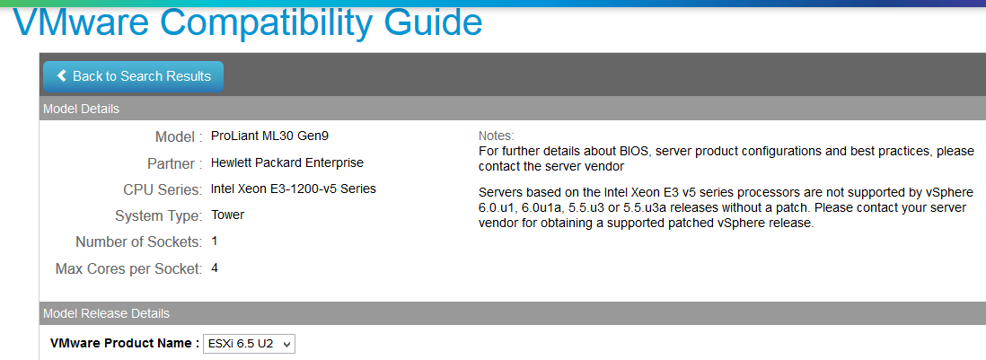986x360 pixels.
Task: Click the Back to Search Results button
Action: point(133,76)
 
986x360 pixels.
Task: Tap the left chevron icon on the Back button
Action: point(62,76)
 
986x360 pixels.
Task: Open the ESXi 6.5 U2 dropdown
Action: point(249,344)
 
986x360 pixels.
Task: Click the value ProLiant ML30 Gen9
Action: point(269,136)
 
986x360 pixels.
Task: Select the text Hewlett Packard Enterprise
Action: point(287,162)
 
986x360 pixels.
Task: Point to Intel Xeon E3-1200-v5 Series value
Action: point(294,189)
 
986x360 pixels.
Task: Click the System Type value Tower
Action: point(227,215)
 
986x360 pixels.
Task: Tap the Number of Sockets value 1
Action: point(215,241)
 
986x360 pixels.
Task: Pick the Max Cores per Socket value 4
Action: point(215,268)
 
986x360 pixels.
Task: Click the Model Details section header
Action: point(81,110)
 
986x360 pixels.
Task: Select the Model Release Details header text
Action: point(106,313)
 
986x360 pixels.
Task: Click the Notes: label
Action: point(497,136)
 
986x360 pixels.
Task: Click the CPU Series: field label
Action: point(163,189)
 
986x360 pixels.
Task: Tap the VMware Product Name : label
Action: point(124,344)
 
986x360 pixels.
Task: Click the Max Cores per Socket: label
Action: point(129,269)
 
